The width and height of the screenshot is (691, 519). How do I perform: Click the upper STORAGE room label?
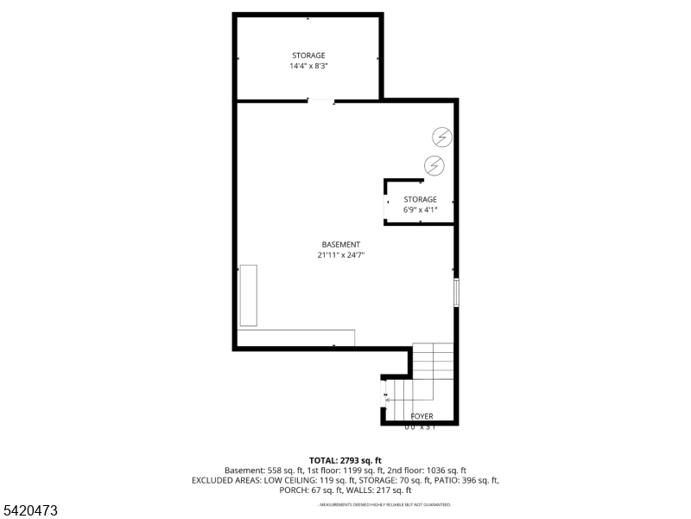(308, 55)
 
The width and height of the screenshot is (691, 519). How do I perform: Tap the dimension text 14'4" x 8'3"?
(308, 66)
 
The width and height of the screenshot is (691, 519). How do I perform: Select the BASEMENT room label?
(341, 245)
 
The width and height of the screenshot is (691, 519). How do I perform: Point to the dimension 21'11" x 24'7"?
(341, 255)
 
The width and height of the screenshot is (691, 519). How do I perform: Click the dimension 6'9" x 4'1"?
(421, 209)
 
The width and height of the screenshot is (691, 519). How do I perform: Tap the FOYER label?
(422, 416)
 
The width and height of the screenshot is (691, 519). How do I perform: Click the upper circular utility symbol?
(441, 137)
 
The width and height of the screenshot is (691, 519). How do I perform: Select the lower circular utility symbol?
(434, 164)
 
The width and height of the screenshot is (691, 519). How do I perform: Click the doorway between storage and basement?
(321, 101)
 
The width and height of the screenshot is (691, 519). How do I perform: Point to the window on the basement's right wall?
(456, 292)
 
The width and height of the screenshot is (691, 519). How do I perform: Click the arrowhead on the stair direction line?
(387, 400)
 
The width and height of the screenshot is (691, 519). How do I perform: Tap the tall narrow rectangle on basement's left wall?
(249, 294)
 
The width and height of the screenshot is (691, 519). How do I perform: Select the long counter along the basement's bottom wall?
(295, 337)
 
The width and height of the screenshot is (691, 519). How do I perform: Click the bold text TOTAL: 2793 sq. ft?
(345, 459)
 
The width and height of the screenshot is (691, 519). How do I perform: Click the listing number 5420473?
(29, 511)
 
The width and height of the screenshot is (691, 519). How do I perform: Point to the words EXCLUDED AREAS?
(221, 480)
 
